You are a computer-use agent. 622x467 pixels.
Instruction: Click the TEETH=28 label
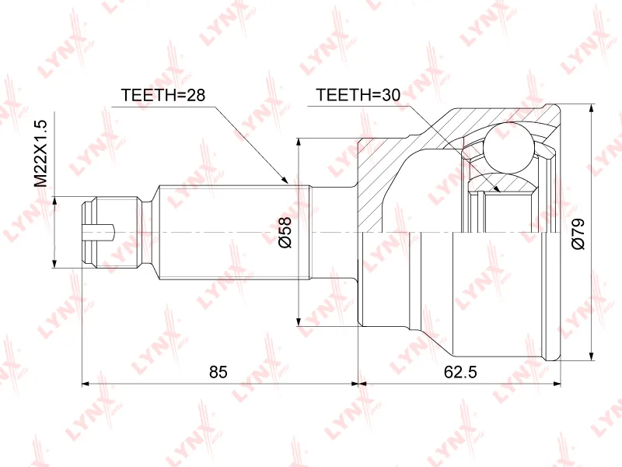pyautogui.click(x=163, y=95)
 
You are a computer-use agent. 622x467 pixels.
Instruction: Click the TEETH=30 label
pyautogui.click(x=358, y=95)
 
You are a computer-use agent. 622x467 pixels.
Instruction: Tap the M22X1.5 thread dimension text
pyautogui.click(x=40, y=153)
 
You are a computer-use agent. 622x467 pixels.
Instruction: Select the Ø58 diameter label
pyautogui.click(x=285, y=232)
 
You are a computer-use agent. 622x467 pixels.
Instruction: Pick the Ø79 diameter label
pyautogui.click(x=578, y=234)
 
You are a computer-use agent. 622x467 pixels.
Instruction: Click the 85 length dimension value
pyautogui.click(x=218, y=372)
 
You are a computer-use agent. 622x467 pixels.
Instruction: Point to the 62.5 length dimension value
pyautogui.click(x=460, y=372)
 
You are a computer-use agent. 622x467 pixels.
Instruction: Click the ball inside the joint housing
pyautogui.click(x=509, y=148)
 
